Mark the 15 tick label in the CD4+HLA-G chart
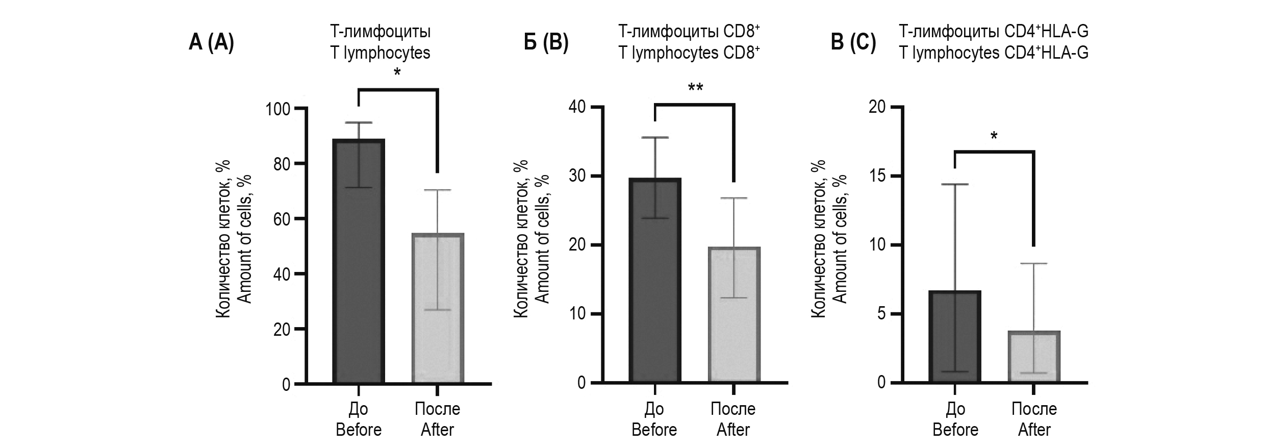[878, 176]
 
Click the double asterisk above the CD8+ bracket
[695, 88]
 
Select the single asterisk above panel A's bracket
[397, 73]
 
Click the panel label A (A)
[211, 42]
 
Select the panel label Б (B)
[546, 42]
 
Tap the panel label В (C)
[853, 42]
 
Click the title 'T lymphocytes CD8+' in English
[689, 53]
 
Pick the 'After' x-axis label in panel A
[437, 430]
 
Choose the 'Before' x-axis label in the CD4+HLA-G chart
[955, 430]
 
